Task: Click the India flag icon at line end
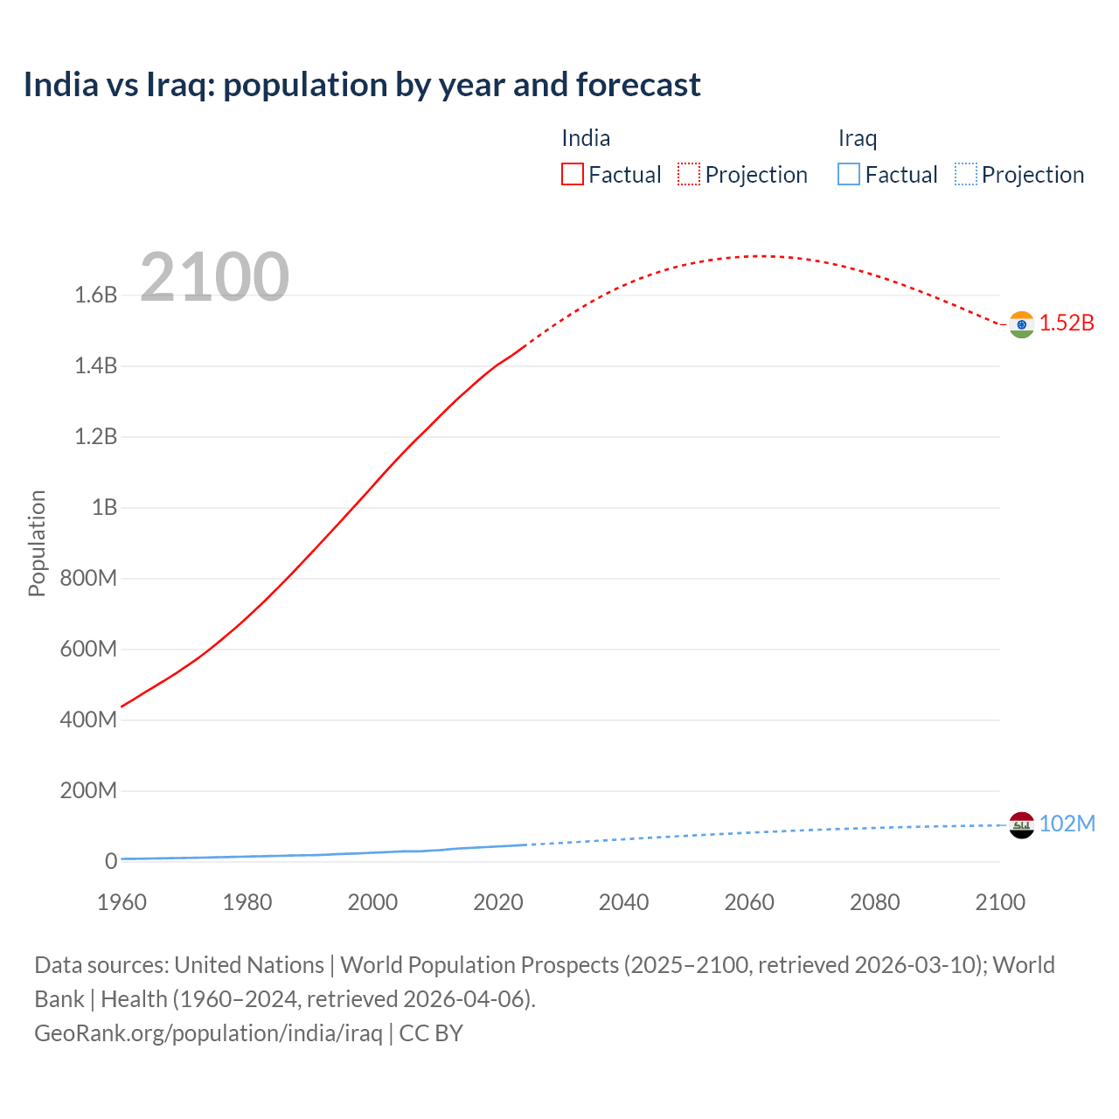[x=1021, y=324]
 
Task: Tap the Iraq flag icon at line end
[x=1021, y=824]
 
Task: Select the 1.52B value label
[x=1067, y=323]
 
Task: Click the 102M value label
[x=1067, y=824]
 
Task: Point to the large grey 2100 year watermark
[x=214, y=277]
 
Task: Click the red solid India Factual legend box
[x=572, y=174]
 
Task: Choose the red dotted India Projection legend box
[x=689, y=174]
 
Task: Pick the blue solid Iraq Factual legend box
[x=848, y=174]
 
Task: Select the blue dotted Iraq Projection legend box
[x=965, y=174]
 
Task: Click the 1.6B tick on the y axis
[x=96, y=295]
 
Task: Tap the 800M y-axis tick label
[x=88, y=578]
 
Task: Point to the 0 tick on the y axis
[x=111, y=861]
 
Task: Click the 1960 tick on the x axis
[x=122, y=902]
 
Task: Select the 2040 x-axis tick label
[x=623, y=902]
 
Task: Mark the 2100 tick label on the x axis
[x=1000, y=902]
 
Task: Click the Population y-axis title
[x=37, y=543]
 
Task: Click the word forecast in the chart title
[x=639, y=85]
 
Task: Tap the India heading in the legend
[x=586, y=138]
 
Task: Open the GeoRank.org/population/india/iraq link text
[x=208, y=1032]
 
